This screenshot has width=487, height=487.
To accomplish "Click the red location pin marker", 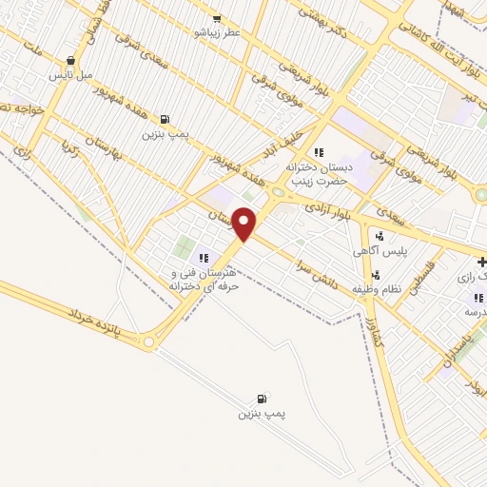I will pos(245,223).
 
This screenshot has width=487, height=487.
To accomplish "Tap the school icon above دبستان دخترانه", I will pos(319,152).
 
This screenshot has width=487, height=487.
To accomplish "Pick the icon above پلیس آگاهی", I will pos(380,237).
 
